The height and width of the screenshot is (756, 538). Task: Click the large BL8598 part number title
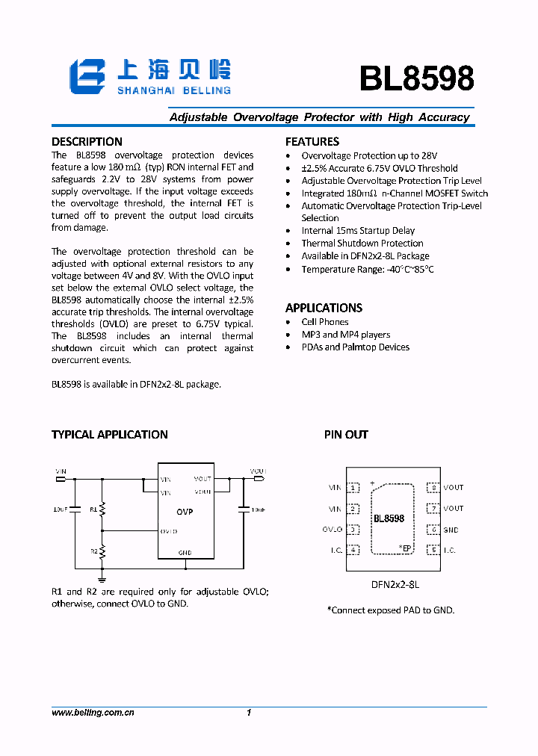tap(416, 78)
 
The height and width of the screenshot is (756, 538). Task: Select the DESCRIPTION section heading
tap(87, 141)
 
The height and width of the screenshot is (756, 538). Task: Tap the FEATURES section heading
tap(312, 141)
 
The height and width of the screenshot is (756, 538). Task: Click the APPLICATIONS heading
tap(324, 308)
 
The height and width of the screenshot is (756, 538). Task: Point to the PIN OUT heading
tap(346, 434)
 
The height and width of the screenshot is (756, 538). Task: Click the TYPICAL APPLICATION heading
tap(109, 434)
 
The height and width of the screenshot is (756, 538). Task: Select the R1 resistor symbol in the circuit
tap(103, 509)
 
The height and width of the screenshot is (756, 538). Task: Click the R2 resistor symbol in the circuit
tap(103, 551)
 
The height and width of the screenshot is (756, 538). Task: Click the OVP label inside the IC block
tap(185, 512)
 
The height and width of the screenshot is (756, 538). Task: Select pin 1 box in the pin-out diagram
tap(353, 488)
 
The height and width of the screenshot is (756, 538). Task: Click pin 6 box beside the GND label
tap(433, 530)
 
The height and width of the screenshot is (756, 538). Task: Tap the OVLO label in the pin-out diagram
tap(333, 530)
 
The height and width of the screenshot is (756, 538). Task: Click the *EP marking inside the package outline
tap(405, 548)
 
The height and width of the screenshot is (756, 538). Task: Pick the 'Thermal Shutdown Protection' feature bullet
tap(362, 243)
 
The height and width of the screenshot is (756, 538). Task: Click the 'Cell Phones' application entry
tap(324, 322)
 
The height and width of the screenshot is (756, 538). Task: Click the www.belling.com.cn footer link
tap(92, 713)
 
